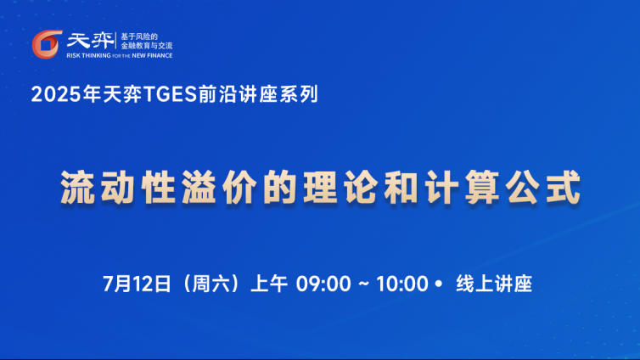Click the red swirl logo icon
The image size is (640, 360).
pos(47,44)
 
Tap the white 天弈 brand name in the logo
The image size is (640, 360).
pos(90,41)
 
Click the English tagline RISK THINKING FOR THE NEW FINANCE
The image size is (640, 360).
pos(120,55)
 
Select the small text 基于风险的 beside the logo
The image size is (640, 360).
pos(139,37)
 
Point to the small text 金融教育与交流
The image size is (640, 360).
pos(147,46)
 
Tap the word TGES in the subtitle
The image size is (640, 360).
pos(171,94)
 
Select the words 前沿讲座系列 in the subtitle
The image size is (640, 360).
pos(258,94)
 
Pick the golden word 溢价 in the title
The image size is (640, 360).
pos(219,188)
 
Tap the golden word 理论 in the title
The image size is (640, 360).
pos(340,188)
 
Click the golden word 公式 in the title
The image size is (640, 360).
pos(543,188)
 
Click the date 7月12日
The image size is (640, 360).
pos(137,284)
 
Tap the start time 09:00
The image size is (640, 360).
pos(323,284)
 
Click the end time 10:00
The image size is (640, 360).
pos(402,284)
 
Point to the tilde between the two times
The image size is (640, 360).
pos(363,284)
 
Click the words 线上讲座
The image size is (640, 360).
pos(494,284)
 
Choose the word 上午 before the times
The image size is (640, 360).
pos(269,284)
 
